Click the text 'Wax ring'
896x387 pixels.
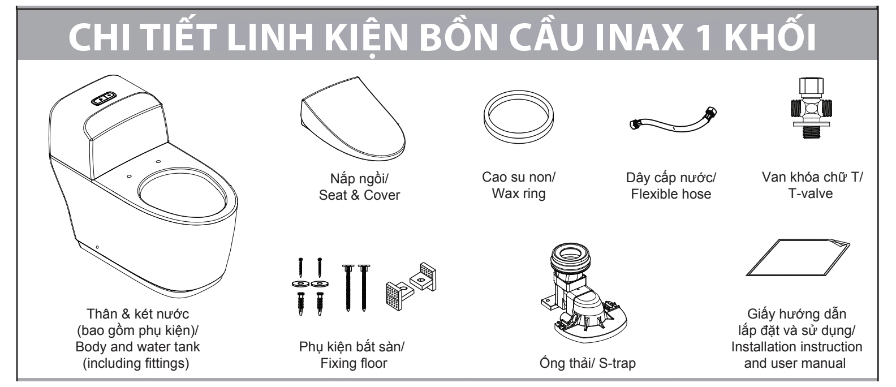tap(518, 194)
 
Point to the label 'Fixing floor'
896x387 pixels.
tap(351, 363)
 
